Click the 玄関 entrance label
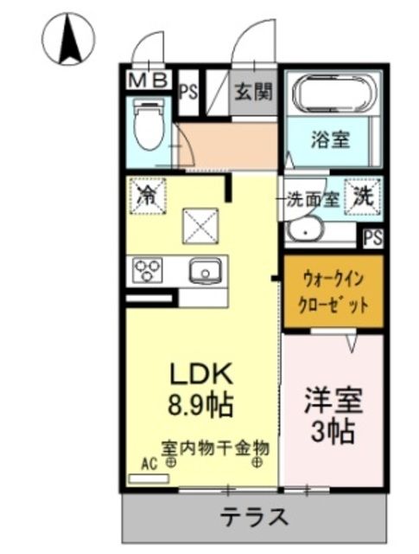(x=253, y=89)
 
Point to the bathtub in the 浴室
(x=333, y=93)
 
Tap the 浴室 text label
(x=331, y=139)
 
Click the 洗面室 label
(x=312, y=198)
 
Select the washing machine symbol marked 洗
(x=364, y=196)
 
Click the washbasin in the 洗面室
(x=305, y=230)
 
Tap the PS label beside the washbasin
(x=373, y=237)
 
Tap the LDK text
(x=200, y=374)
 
